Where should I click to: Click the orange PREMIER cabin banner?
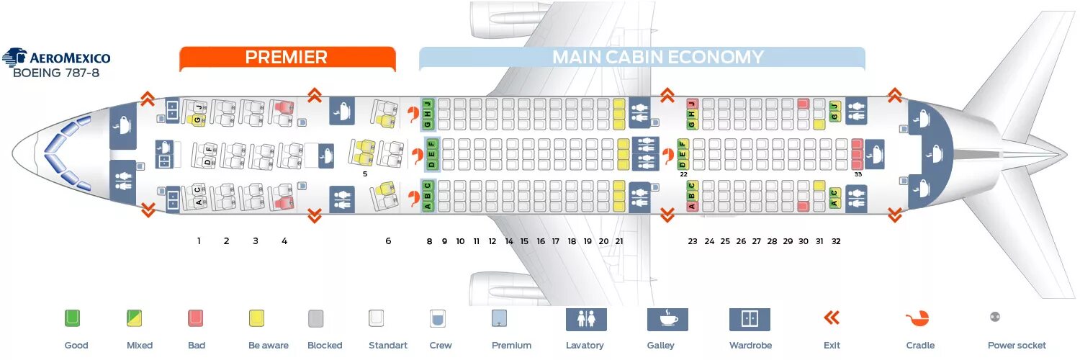[x=287, y=58]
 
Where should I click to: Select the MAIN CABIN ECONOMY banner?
[x=642, y=58]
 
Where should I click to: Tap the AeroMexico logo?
[x=56, y=58]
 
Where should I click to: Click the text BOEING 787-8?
[x=56, y=73]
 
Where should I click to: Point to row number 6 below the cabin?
[x=388, y=241]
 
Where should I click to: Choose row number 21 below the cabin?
[x=619, y=241]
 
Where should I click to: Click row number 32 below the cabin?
[x=836, y=241]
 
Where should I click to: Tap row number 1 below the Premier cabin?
[x=199, y=241]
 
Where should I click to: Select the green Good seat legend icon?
[x=73, y=318]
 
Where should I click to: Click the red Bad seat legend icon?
[x=196, y=318]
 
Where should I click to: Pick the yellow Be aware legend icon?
[x=256, y=318]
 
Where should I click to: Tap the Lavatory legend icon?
[x=585, y=319]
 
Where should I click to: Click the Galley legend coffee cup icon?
[x=667, y=319]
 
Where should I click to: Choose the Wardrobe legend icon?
[x=750, y=319]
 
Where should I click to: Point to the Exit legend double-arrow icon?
[x=832, y=318]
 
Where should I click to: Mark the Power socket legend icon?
[x=995, y=317]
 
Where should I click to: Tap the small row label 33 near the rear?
[x=858, y=174]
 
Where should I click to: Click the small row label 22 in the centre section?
[x=683, y=174]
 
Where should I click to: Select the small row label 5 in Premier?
[x=365, y=174]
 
